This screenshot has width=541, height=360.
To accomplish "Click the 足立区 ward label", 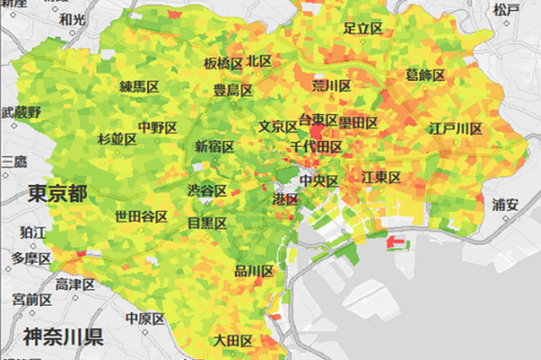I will [363, 28].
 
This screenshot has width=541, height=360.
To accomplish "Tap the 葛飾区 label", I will [424, 76].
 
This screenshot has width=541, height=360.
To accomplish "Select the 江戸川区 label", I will [455, 129].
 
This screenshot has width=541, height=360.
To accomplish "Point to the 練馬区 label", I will [139, 87].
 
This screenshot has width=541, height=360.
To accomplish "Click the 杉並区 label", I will [117, 139].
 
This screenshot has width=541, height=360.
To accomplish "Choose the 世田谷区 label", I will [141, 216].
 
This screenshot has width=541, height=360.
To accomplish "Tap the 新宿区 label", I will [215, 146].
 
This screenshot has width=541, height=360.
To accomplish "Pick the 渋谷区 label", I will [206, 190].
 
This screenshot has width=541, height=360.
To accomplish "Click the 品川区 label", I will [254, 271].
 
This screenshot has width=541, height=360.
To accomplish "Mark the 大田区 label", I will [232, 341].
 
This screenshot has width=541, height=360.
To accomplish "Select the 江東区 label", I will [381, 177].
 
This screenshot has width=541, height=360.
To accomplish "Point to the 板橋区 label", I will [223, 63].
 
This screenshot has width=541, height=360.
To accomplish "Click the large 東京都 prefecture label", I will [57, 191].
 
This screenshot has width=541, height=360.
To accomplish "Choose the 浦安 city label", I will [506, 205].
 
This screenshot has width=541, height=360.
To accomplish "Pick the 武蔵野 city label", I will [22, 112].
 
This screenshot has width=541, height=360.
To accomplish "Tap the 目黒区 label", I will [206, 223].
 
